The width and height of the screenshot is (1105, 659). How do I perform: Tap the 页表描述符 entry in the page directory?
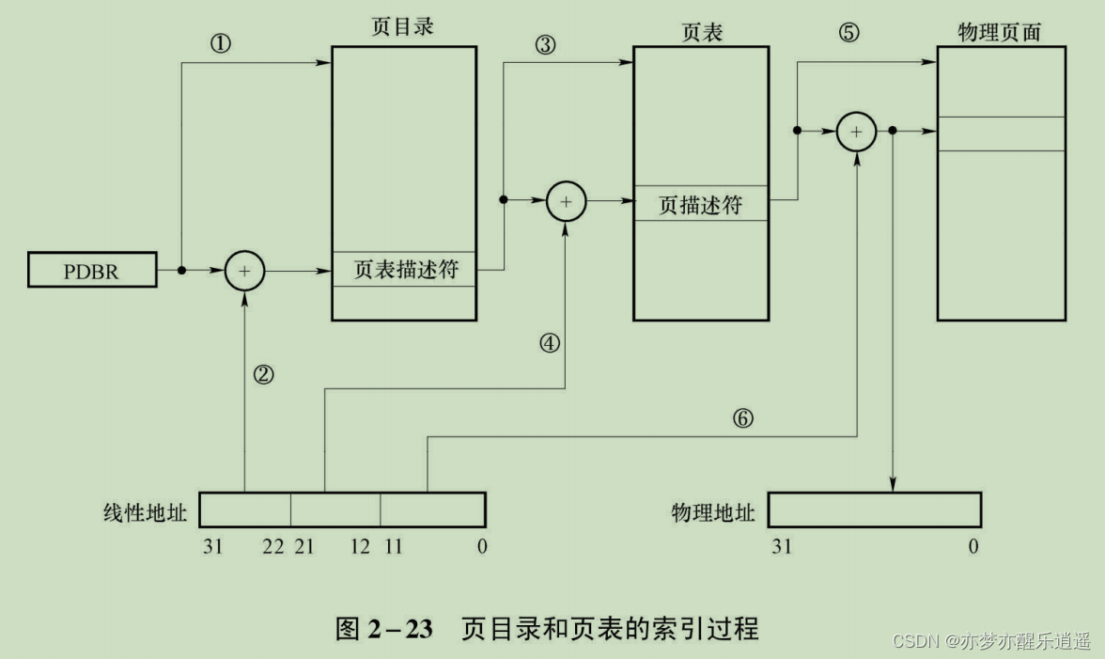(x=405, y=270)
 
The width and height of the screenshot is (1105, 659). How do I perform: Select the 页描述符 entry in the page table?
(x=701, y=203)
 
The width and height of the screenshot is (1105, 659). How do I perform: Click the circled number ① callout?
(x=221, y=45)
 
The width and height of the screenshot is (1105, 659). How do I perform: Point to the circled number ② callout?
(x=264, y=374)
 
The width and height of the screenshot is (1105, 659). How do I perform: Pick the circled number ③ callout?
(x=545, y=45)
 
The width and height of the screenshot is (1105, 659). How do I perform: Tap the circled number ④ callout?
(x=550, y=343)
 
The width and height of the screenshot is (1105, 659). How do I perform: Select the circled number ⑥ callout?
(x=743, y=418)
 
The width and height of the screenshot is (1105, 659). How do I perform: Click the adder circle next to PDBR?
(x=244, y=271)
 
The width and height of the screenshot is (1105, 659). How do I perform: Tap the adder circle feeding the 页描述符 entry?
(x=566, y=200)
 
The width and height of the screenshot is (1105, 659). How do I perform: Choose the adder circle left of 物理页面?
(x=856, y=132)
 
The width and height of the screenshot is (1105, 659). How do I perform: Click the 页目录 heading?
(x=404, y=26)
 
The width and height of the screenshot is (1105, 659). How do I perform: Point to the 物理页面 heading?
(x=1000, y=32)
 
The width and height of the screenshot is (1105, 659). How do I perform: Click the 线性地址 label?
(x=146, y=512)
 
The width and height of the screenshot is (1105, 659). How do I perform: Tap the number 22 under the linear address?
(x=273, y=546)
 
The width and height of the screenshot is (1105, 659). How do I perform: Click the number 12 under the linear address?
(x=360, y=546)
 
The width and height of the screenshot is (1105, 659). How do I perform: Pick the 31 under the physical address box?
(x=782, y=546)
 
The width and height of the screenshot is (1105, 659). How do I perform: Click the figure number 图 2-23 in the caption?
(x=384, y=628)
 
